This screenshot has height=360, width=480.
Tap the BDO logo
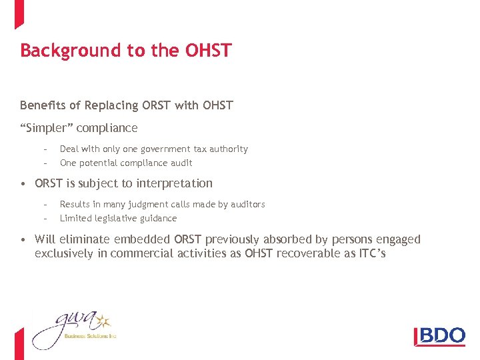[x=440, y=335]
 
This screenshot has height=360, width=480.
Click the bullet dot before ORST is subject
[x=23, y=183]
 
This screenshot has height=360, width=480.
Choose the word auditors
[x=246, y=205]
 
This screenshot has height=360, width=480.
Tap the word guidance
[x=159, y=218]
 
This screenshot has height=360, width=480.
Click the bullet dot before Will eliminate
[x=23, y=239]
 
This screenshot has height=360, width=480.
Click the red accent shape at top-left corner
[x=19, y=13]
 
